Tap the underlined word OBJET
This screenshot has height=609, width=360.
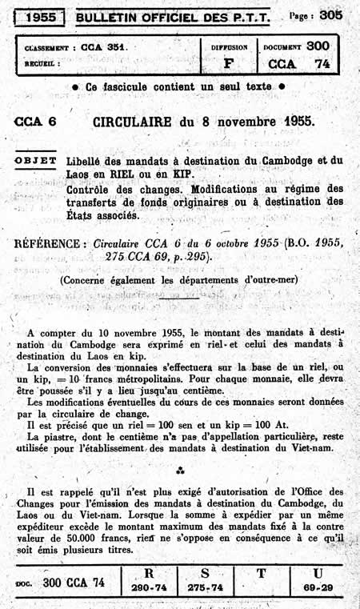36,160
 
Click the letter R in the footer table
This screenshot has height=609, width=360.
149,573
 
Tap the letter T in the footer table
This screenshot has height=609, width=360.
260,574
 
